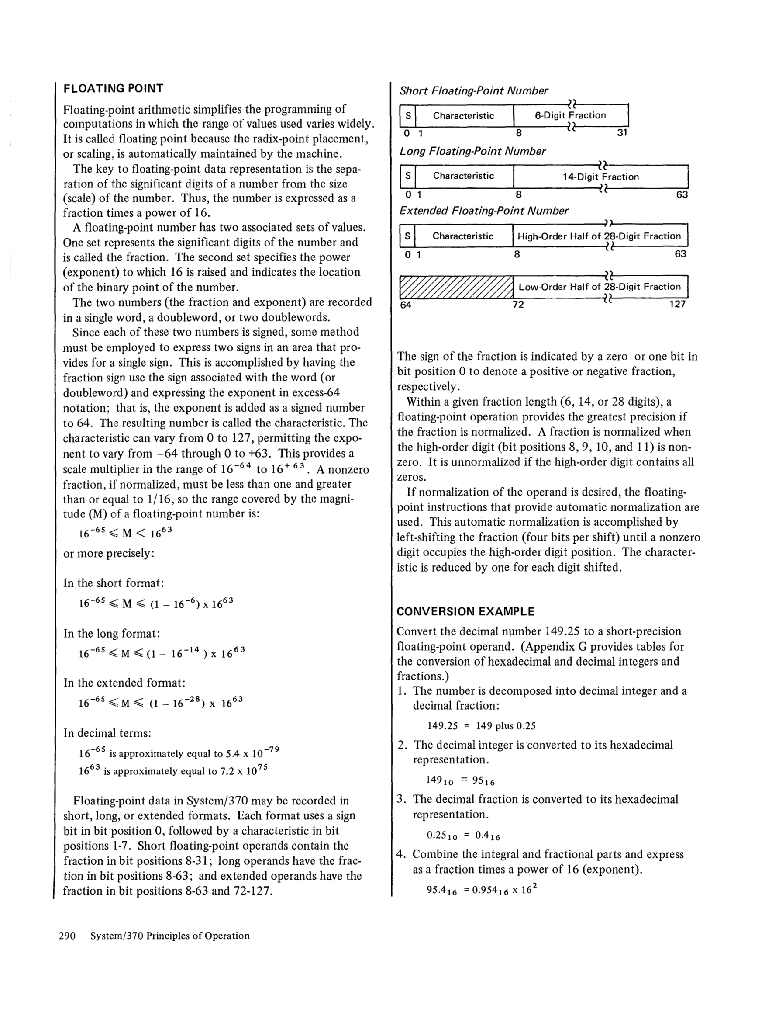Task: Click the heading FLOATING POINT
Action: coord(113,88)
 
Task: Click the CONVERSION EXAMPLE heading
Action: coord(465,612)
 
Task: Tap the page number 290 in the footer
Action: coord(67,936)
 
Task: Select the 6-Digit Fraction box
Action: coord(571,115)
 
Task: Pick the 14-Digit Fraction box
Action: coord(600,177)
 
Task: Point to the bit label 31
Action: coord(622,133)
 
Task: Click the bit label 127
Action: coord(677,304)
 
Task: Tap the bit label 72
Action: coord(518,305)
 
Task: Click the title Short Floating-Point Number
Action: coord(474,91)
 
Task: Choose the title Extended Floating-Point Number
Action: coord(483,211)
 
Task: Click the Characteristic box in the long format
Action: coord(464,176)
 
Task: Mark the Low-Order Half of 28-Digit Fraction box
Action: coord(600,287)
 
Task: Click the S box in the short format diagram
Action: coord(408,115)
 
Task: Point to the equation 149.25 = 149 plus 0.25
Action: coord(481,726)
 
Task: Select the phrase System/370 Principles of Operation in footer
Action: coord(170,936)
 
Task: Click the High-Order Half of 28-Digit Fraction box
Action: coord(600,236)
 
